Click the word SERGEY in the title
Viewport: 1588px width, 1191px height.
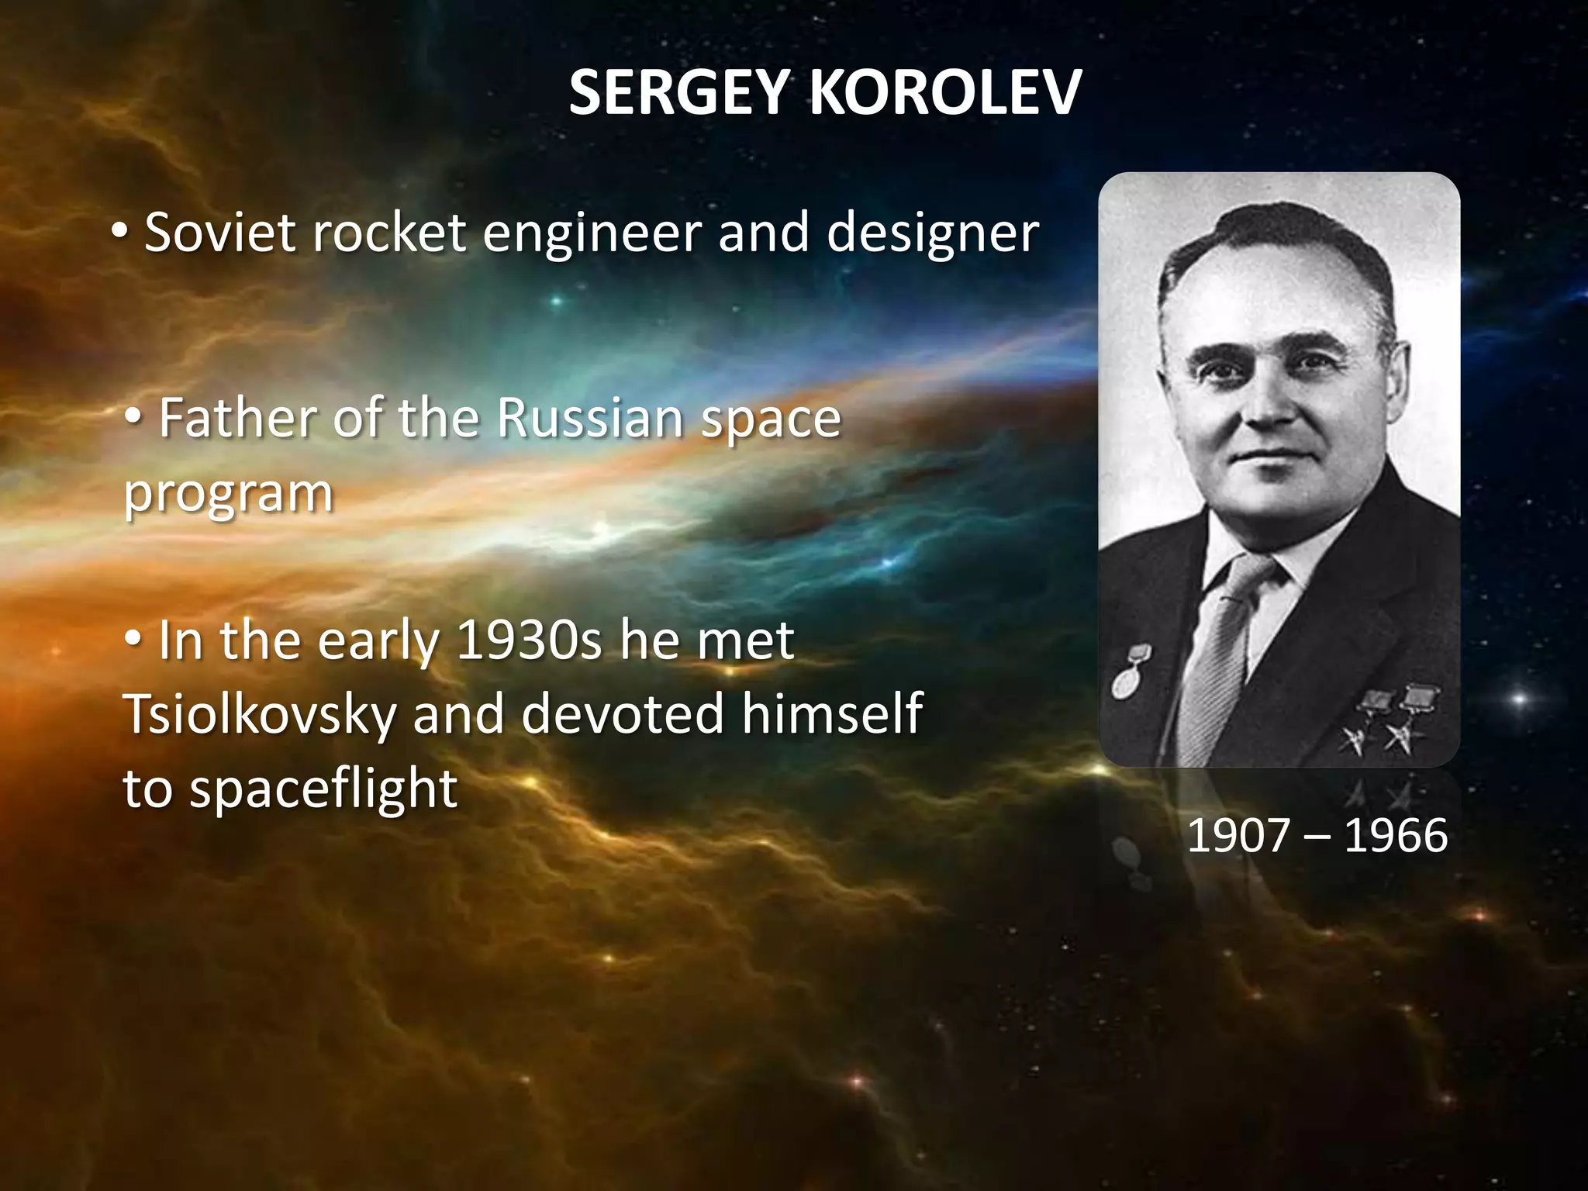[679, 93]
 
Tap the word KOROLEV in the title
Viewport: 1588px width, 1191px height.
[945, 93]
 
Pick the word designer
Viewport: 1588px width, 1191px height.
[932, 233]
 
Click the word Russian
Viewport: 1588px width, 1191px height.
[589, 418]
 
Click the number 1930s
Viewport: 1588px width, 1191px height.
[529, 640]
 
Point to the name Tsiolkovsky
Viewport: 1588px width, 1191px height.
[259, 714]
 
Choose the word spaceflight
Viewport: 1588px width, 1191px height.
[323, 789]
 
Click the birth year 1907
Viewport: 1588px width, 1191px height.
[1238, 836]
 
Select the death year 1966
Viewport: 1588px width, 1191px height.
[1396, 836]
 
